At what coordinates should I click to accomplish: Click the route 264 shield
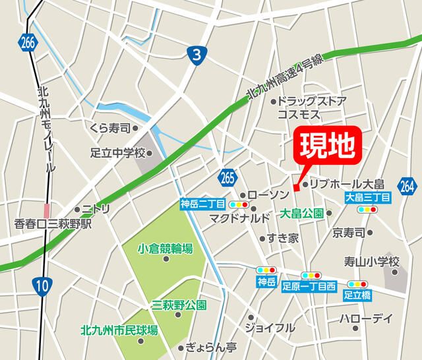click(x=407, y=185)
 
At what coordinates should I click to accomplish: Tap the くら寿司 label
click(x=110, y=128)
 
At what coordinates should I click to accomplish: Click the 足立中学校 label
click(x=117, y=153)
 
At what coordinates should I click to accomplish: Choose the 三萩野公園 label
click(x=179, y=305)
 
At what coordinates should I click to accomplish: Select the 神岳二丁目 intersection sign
click(x=202, y=204)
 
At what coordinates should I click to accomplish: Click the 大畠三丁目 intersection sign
click(x=367, y=197)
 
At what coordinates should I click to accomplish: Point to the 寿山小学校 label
click(x=372, y=262)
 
